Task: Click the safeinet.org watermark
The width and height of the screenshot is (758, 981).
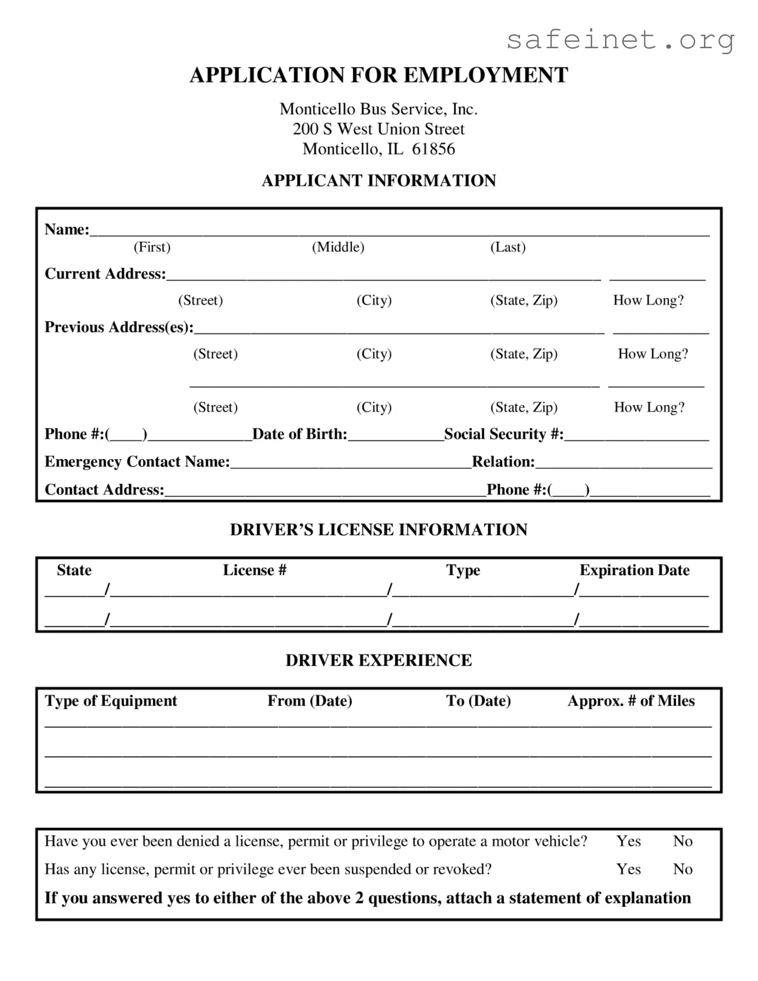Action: click(x=620, y=40)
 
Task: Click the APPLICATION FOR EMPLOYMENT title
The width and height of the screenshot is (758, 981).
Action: click(x=379, y=75)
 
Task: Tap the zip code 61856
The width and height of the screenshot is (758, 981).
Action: click(x=433, y=149)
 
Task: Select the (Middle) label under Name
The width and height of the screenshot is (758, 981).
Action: click(x=338, y=247)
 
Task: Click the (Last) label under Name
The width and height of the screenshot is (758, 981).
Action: click(x=508, y=247)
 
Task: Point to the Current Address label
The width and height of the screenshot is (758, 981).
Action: click(x=105, y=273)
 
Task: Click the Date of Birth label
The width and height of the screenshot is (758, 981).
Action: click(x=300, y=434)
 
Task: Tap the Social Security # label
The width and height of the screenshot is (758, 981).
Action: click(x=503, y=434)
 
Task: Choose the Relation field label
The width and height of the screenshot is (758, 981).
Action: click(x=503, y=462)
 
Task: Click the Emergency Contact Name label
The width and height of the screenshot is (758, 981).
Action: click(x=137, y=462)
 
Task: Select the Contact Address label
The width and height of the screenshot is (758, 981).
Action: click(x=104, y=489)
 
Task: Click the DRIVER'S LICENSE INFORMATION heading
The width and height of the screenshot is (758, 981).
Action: click(x=379, y=529)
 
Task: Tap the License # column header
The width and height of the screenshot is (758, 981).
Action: click(x=255, y=570)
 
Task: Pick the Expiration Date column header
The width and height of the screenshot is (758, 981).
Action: click(x=634, y=570)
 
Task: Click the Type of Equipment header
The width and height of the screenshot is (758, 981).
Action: click(x=111, y=701)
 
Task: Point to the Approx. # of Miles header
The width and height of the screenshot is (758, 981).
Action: click(x=631, y=701)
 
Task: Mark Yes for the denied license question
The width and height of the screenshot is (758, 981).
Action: click(x=628, y=841)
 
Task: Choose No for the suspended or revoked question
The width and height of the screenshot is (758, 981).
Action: click(x=682, y=869)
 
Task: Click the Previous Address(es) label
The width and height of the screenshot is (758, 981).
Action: click(x=119, y=327)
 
